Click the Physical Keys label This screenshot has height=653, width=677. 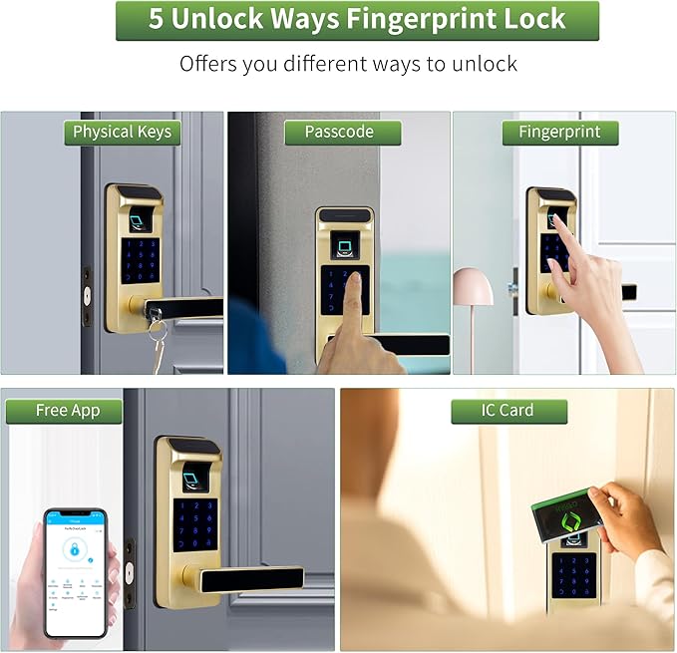point(122,133)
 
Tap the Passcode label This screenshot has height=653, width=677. point(339,133)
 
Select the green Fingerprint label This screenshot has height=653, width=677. point(559,133)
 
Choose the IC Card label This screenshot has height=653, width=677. point(508,411)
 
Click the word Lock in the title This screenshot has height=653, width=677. point(532,20)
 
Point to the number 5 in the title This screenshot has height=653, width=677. point(156,20)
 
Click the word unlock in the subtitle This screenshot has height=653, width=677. point(483,65)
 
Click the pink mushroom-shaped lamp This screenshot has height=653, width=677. point(473,288)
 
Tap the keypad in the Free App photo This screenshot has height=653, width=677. point(194,524)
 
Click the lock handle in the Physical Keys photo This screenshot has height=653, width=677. point(184,307)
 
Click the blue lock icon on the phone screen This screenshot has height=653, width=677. point(73,549)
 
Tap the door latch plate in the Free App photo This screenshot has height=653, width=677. point(130,572)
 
